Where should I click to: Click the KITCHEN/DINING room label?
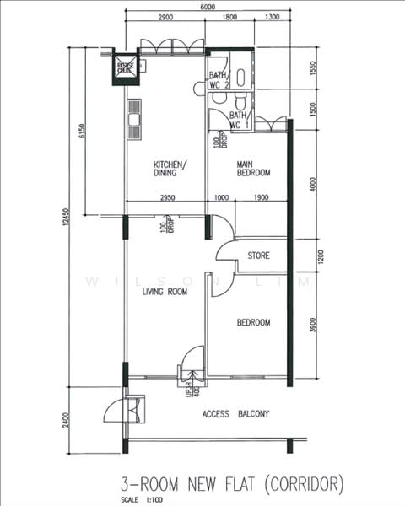170,168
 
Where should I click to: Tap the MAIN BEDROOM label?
253,168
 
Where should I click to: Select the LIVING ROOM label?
164,292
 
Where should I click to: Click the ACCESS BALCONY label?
235,414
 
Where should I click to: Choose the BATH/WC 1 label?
240,120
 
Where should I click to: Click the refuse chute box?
124,68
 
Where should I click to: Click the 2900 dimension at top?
165,18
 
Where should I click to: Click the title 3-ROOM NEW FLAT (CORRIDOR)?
232,483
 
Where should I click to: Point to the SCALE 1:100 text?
140,500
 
